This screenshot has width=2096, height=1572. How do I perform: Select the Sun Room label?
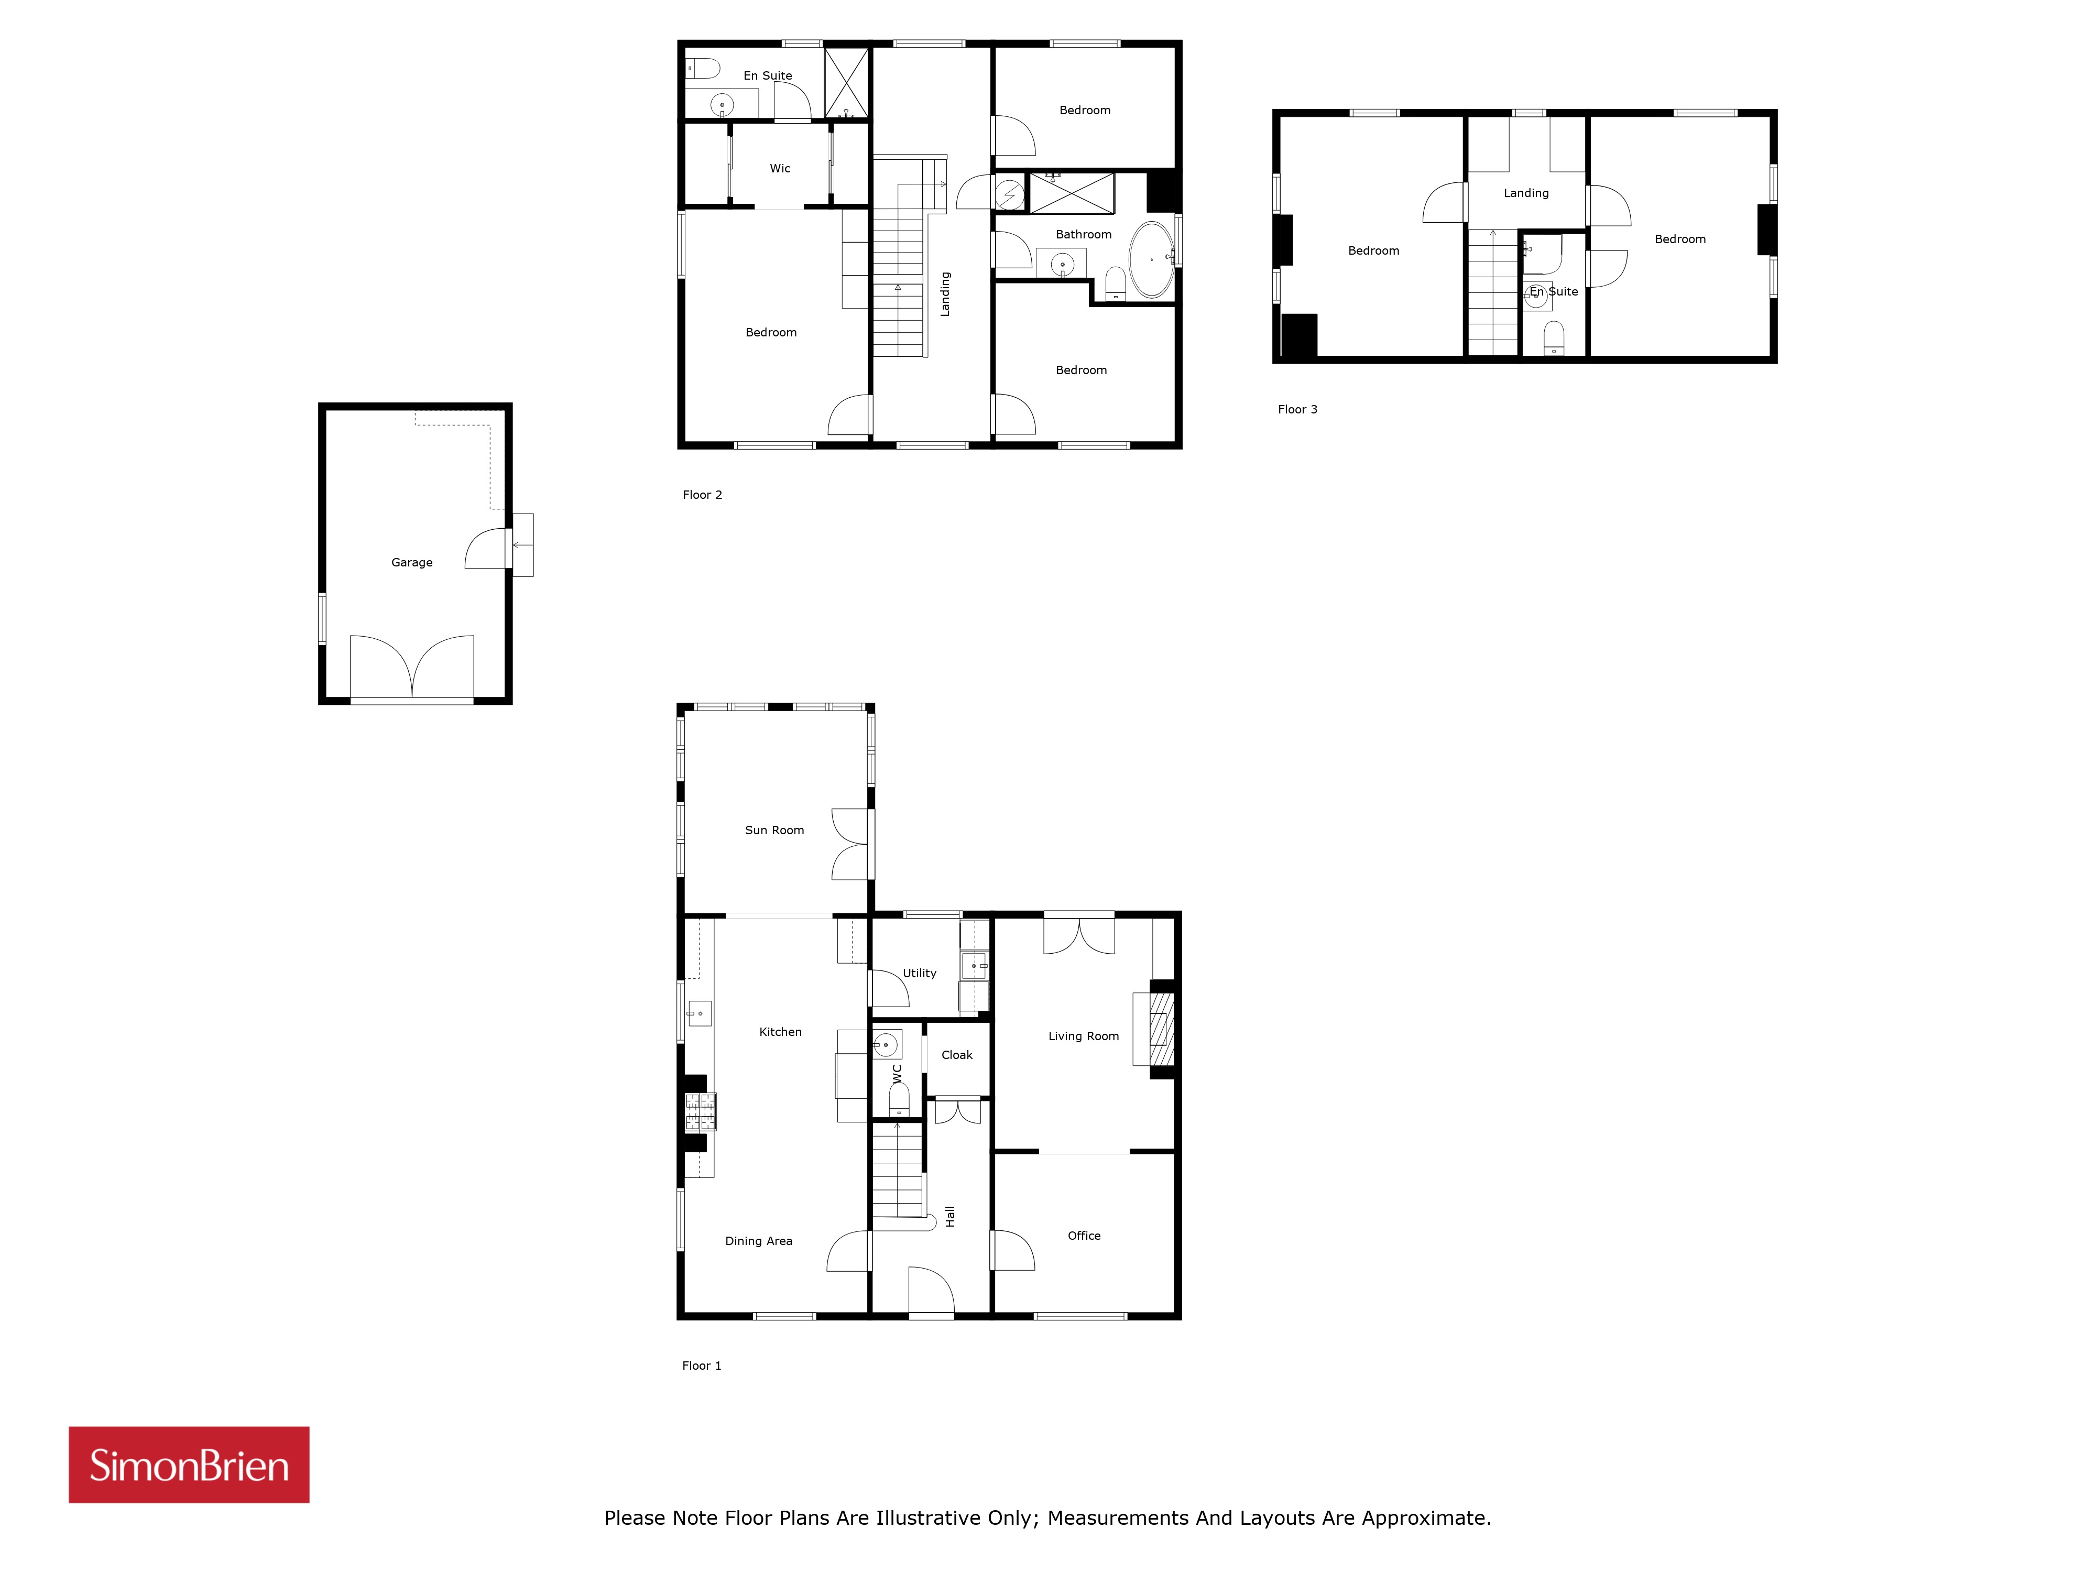click(x=774, y=830)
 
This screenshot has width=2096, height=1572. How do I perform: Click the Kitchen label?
click(x=780, y=1032)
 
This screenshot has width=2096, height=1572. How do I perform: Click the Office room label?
click(x=1084, y=1236)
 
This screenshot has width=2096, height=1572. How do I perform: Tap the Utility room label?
click(x=919, y=973)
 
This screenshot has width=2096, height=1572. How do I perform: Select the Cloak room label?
click(x=957, y=1055)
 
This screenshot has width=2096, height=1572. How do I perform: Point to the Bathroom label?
click(x=1083, y=234)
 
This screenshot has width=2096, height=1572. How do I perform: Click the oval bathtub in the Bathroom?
click(x=1151, y=259)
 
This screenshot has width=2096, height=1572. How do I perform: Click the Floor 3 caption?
click(x=1297, y=409)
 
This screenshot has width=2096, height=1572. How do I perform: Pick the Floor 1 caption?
click(x=701, y=1366)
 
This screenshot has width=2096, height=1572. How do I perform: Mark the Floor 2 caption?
click(x=702, y=495)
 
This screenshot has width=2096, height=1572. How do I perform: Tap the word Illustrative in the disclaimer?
click(x=929, y=1518)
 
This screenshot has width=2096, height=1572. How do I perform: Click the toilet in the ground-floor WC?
click(x=898, y=1099)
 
